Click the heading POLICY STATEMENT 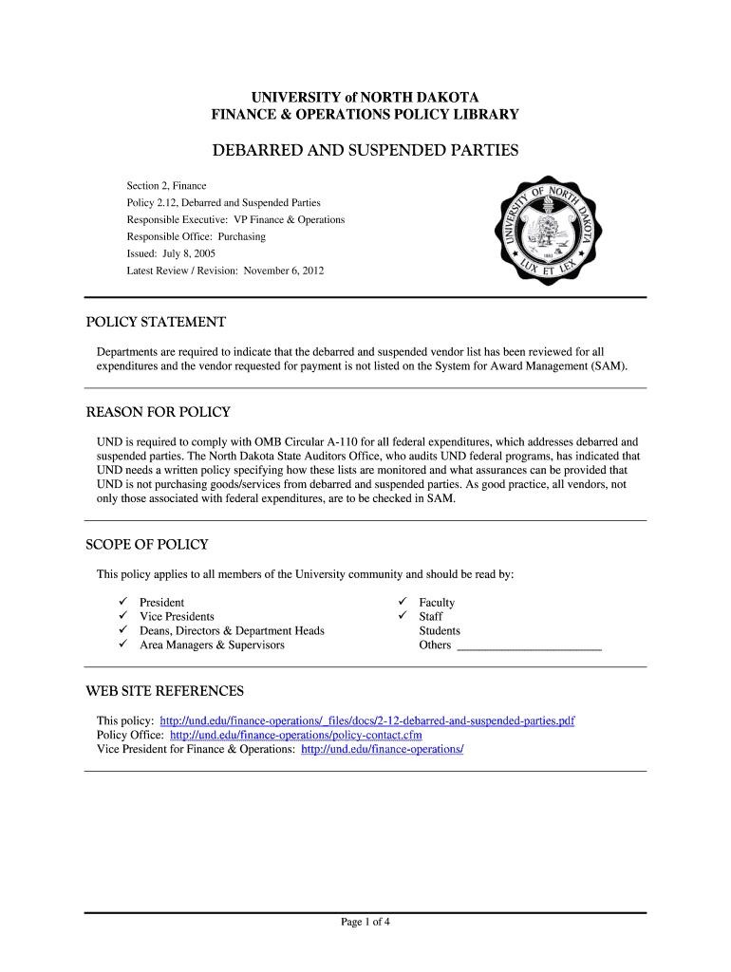(156, 322)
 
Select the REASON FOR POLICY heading (159, 413)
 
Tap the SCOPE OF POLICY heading (147, 545)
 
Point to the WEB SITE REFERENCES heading (165, 691)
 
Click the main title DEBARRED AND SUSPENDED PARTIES (365, 151)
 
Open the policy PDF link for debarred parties (367, 721)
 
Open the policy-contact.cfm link (295, 736)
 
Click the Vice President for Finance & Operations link (382, 750)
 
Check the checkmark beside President (122, 603)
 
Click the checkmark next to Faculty (403, 603)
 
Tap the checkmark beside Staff (403, 617)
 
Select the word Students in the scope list (440, 631)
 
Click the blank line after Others (529, 646)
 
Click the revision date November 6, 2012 (284, 271)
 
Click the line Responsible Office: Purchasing (197, 237)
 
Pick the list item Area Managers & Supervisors (212, 645)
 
